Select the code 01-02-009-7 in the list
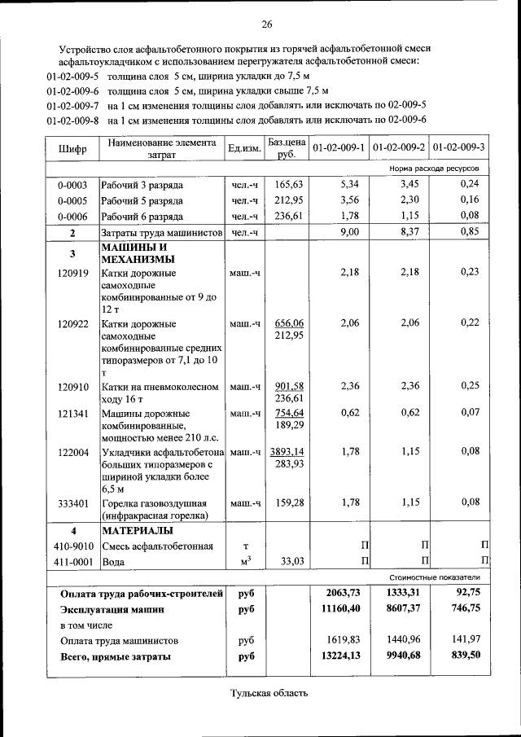coord(72,106)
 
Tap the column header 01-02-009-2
coord(399,147)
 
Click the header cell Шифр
coord(72,148)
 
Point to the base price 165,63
coord(289,185)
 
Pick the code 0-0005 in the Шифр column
coord(72,200)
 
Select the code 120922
coord(72,323)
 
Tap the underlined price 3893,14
coord(287,451)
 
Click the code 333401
coord(72,502)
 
